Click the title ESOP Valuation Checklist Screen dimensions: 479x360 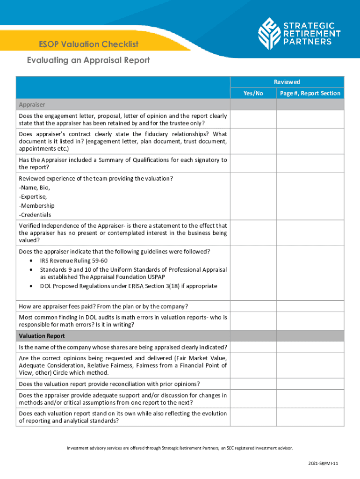point(89,44)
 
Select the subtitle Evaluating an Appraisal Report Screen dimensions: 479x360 point(88,60)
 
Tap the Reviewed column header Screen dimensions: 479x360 point(287,82)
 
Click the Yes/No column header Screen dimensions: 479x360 point(253,94)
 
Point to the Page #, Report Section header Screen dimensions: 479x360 point(310,94)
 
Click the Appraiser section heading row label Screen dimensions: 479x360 point(32,104)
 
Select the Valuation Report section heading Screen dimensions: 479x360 point(42,336)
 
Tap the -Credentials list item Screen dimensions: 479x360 point(35,215)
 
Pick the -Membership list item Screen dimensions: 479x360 point(36,206)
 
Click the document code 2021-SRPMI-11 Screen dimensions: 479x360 point(323,463)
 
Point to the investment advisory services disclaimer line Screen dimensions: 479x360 point(180,448)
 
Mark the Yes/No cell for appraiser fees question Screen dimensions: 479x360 point(253,306)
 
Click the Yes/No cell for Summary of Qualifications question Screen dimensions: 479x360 point(253,164)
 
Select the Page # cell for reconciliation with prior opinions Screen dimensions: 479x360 point(310,384)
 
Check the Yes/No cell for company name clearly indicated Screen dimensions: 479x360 point(253,347)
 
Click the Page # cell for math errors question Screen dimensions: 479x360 point(310,321)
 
